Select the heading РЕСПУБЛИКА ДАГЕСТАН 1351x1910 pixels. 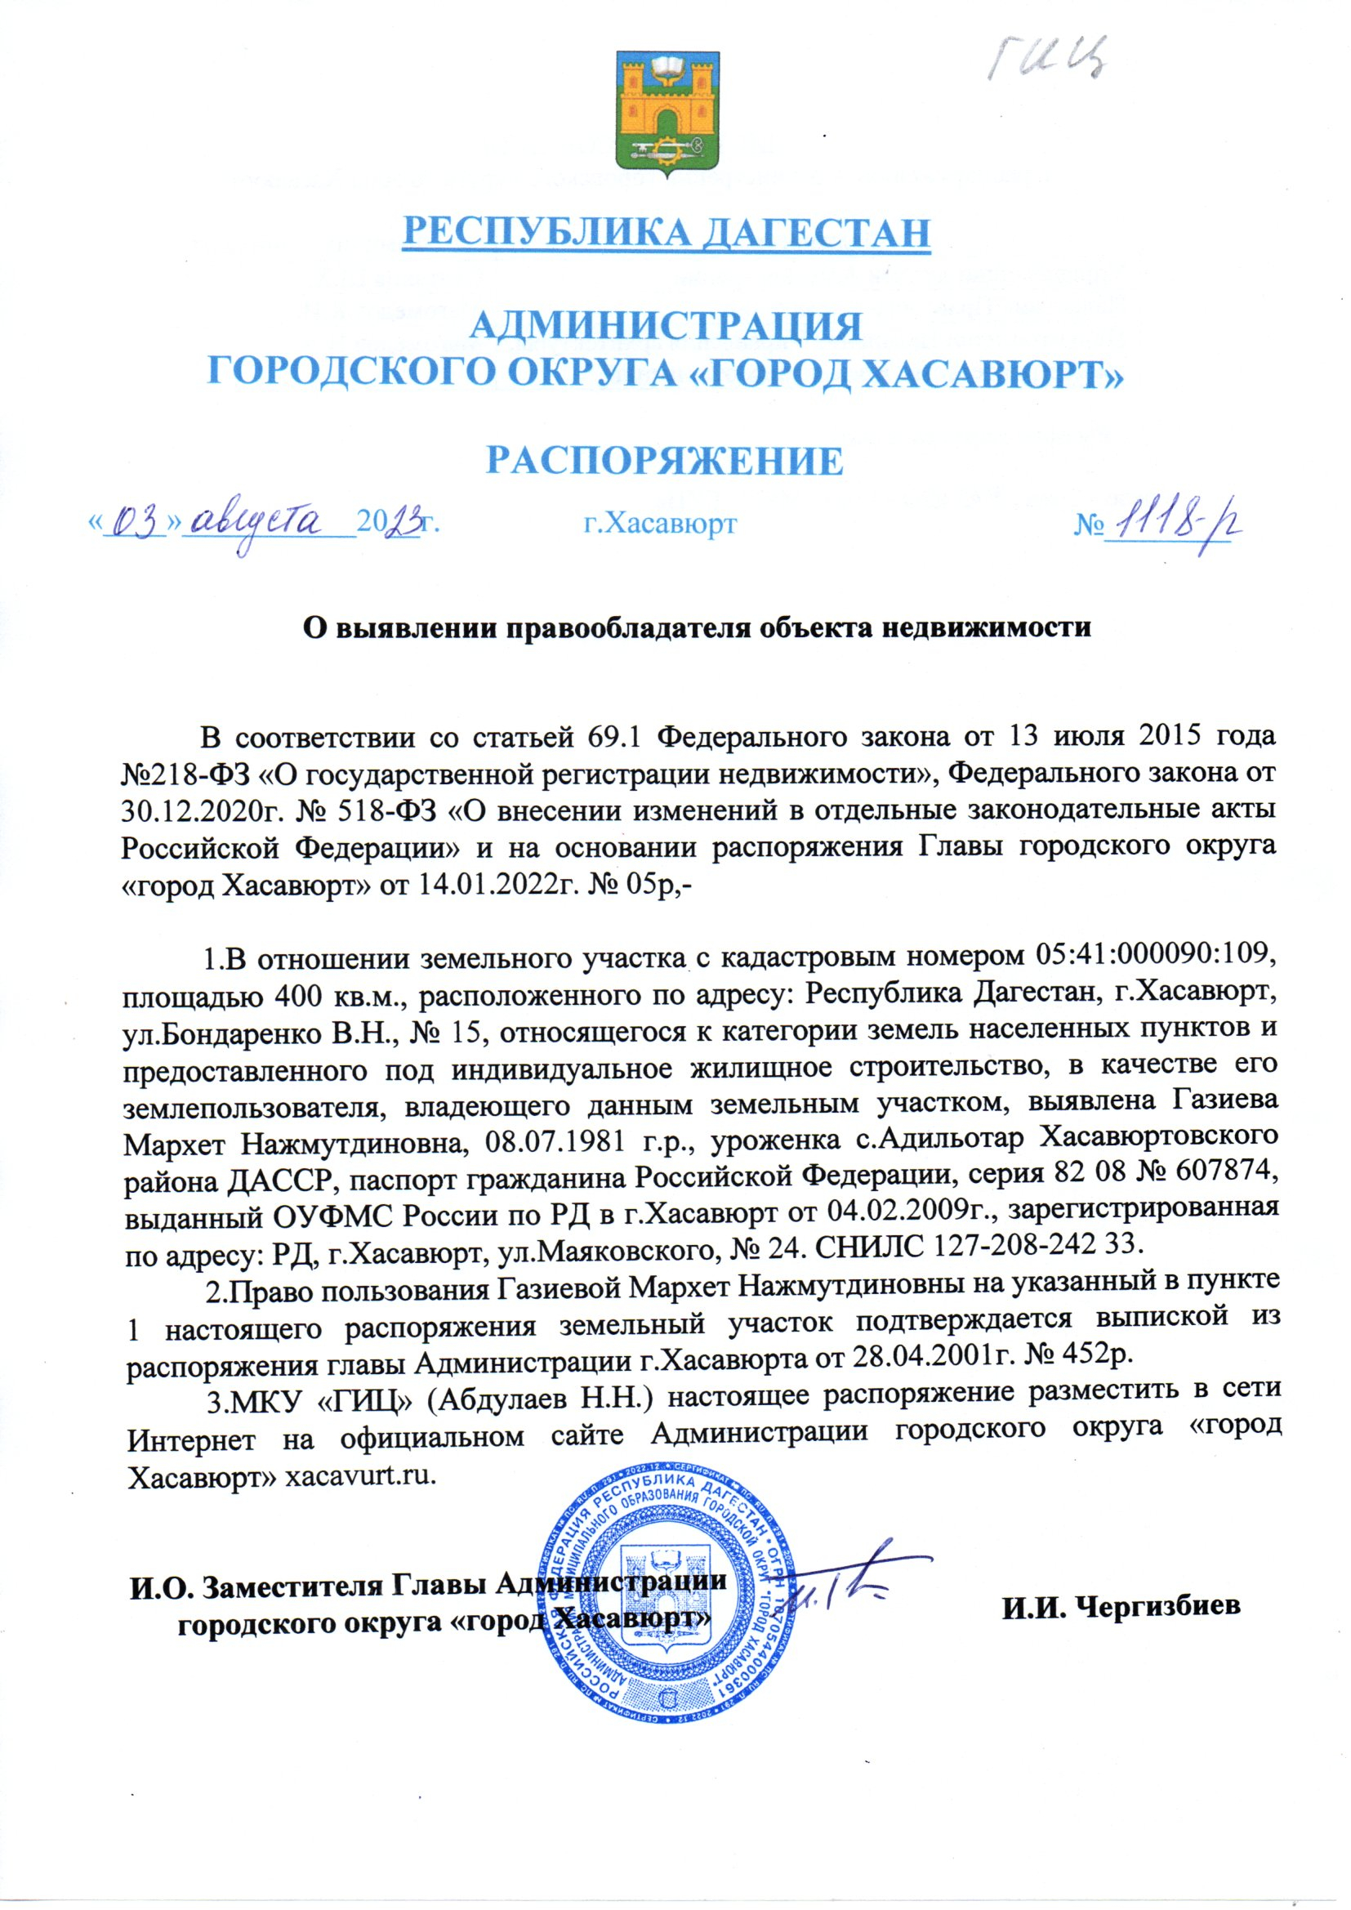pos(666,232)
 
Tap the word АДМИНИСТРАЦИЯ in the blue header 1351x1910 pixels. pos(666,325)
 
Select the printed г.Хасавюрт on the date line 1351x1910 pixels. pos(659,524)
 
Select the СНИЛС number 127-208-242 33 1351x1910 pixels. pos(1037,1243)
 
